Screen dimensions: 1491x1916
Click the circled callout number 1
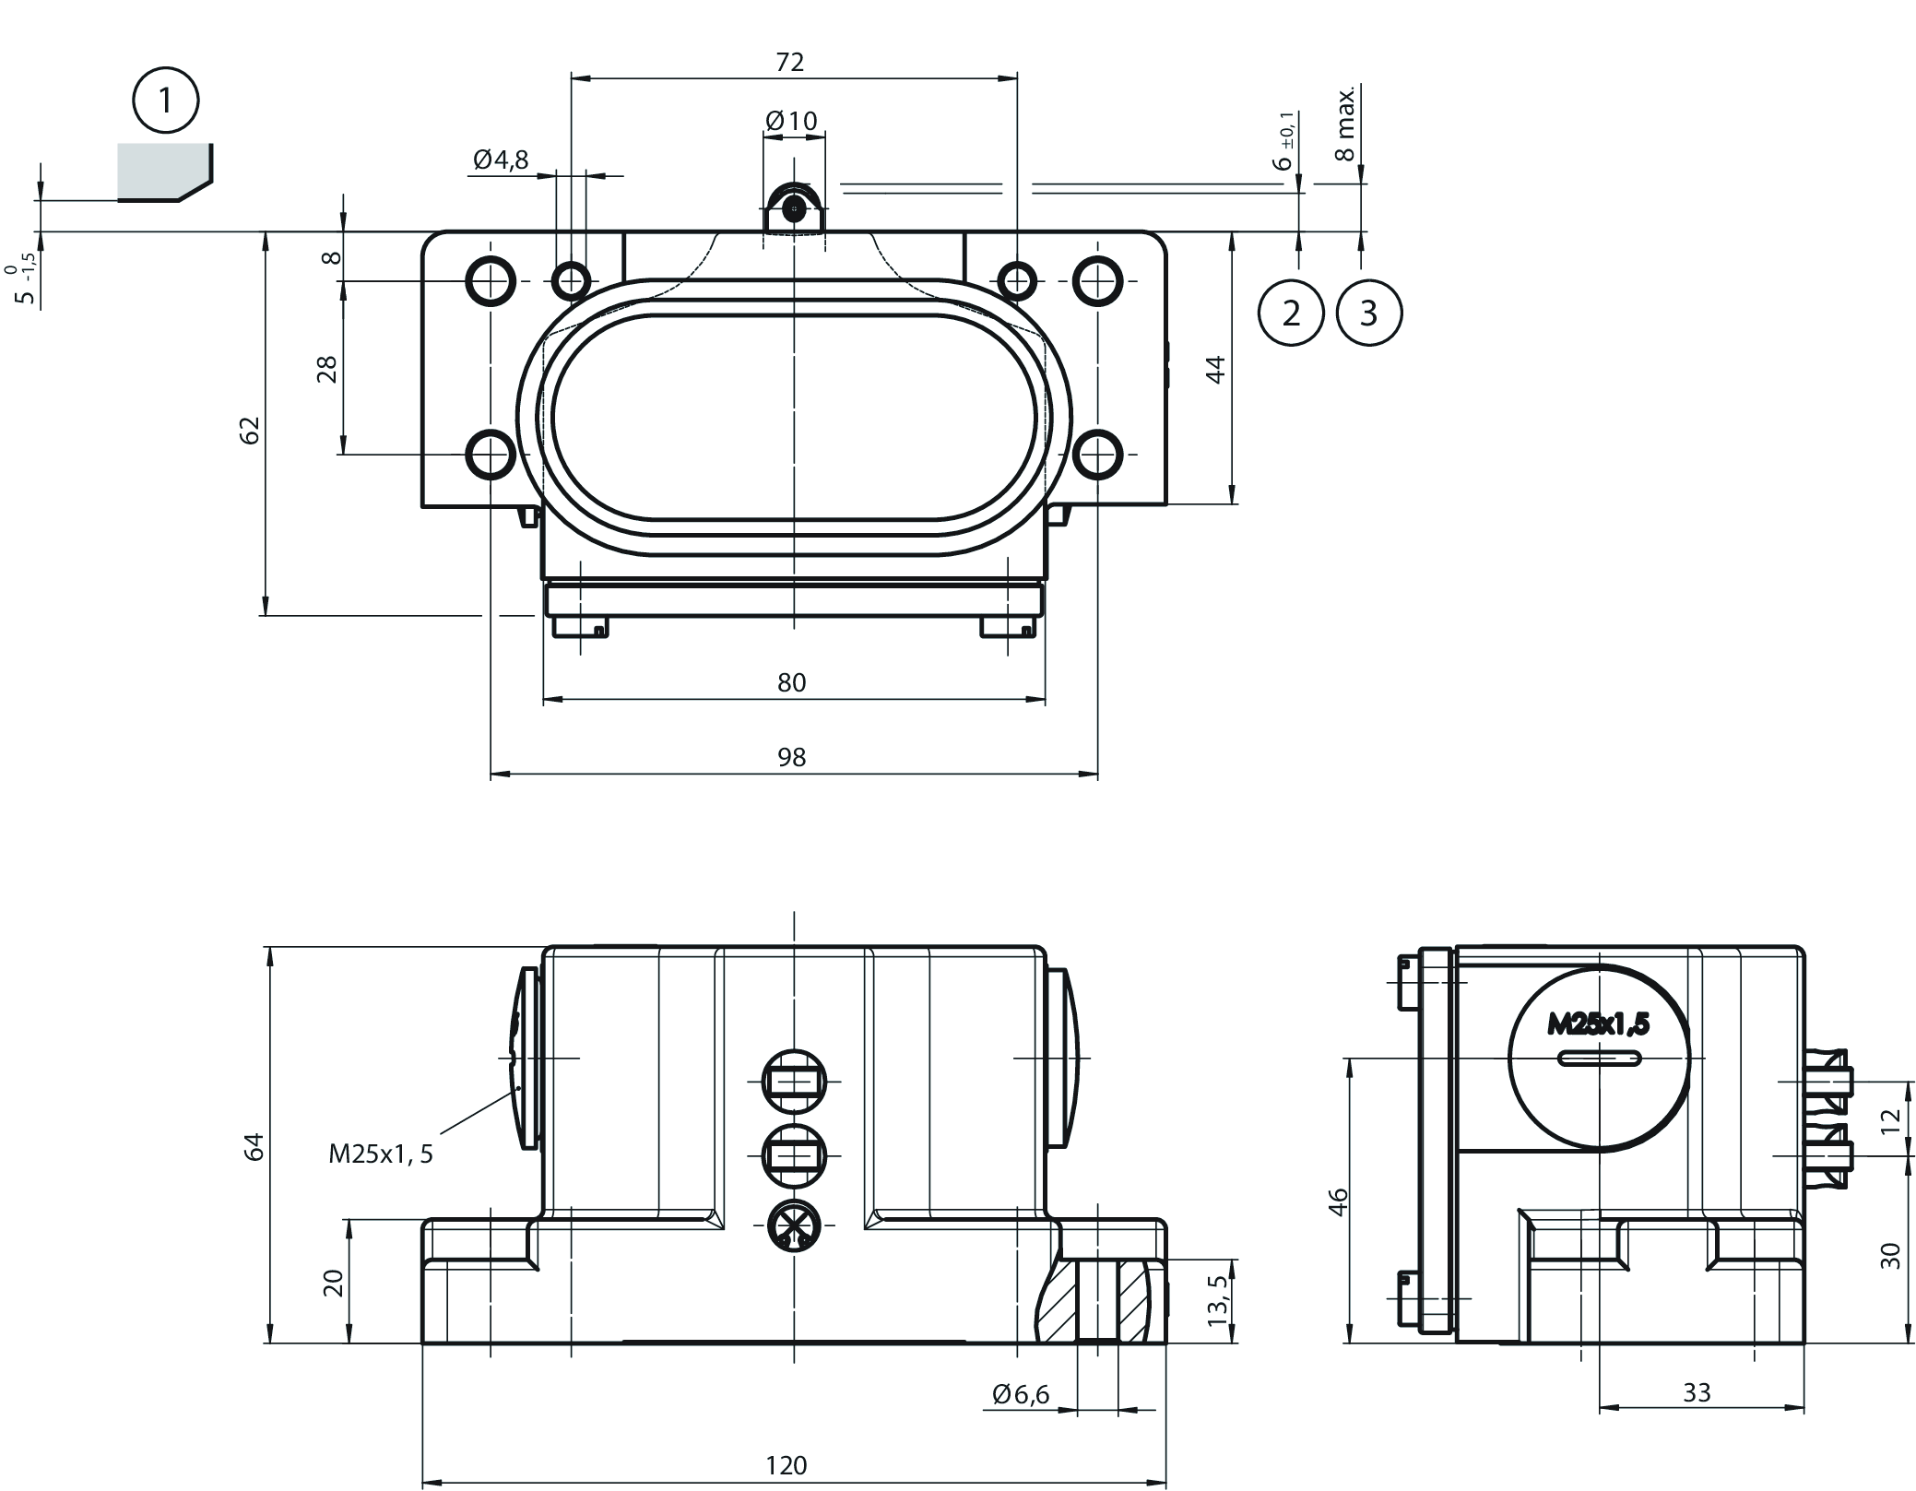coord(166,100)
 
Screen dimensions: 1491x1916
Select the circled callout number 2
coord(1291,314)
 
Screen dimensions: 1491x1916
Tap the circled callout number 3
coord(1368,314)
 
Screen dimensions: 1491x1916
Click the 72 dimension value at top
coord(790,62)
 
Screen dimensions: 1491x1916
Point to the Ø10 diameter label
coord(791,121)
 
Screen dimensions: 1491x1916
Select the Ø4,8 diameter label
coord(501,160)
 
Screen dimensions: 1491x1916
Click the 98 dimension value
coord(791,757)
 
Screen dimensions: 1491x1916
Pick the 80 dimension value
coord(791,682)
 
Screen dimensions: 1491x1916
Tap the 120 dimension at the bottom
coord(786,1465)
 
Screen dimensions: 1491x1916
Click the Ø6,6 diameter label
coord(1021,1394)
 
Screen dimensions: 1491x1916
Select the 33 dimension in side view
coord(1697,1392)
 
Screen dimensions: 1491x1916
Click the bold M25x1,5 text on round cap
coord(1598,1024)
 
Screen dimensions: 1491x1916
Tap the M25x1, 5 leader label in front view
coord(381,1154)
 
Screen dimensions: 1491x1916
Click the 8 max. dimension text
coord(1347,125)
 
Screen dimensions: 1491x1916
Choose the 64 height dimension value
coord(254,1146)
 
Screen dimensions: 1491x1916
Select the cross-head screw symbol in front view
coord(794,1225)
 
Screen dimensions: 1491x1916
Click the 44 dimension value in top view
coord(1216,369)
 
